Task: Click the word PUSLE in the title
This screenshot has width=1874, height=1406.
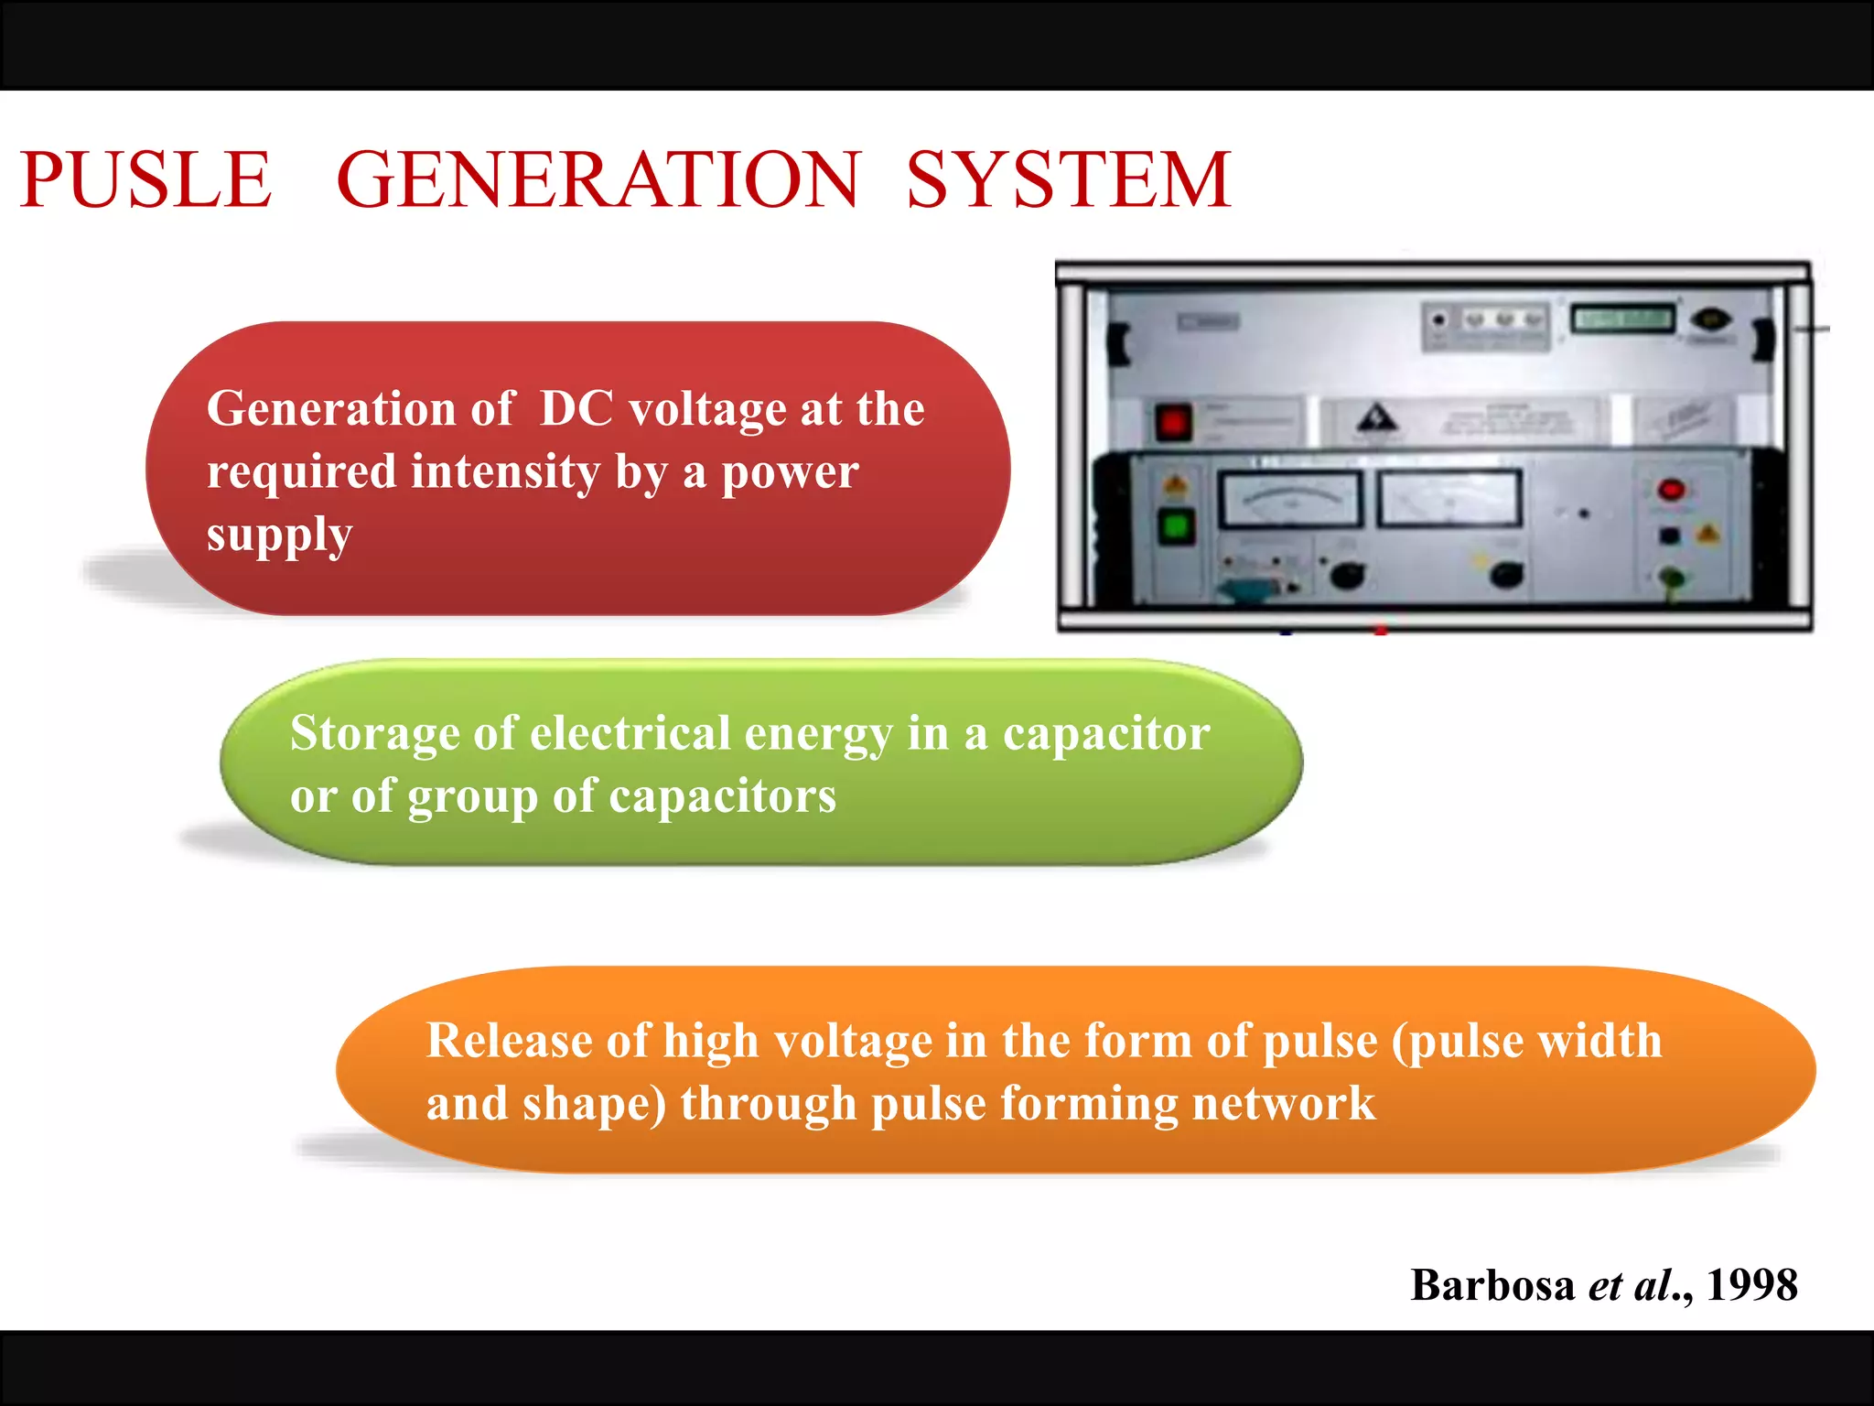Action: pos(145,179)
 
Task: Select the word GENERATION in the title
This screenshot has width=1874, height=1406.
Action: pos(598,179)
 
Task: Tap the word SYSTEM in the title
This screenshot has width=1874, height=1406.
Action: pos(1068,179)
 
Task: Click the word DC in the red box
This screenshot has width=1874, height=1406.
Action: pos(576,408)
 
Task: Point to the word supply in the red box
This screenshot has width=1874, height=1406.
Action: pos(279,535)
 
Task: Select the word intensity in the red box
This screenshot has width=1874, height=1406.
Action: pos(505,472)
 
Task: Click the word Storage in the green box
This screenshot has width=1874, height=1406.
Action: pos(374,733)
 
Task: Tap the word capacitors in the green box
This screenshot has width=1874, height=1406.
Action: pos(722,795)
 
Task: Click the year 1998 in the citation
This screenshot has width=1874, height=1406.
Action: pos(1751,1285)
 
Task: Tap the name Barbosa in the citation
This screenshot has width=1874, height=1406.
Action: pos(1492,1285)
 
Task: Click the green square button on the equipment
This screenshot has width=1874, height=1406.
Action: pos(1176,527)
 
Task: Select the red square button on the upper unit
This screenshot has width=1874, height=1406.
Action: pos(1173,423)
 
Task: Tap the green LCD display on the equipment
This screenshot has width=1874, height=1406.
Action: pos(1621,319)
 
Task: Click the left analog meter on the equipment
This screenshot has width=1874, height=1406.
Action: pos(1291,499)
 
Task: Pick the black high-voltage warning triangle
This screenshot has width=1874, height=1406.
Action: pos(1376,420)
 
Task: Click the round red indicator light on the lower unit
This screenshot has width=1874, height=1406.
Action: pos(1671,490)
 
